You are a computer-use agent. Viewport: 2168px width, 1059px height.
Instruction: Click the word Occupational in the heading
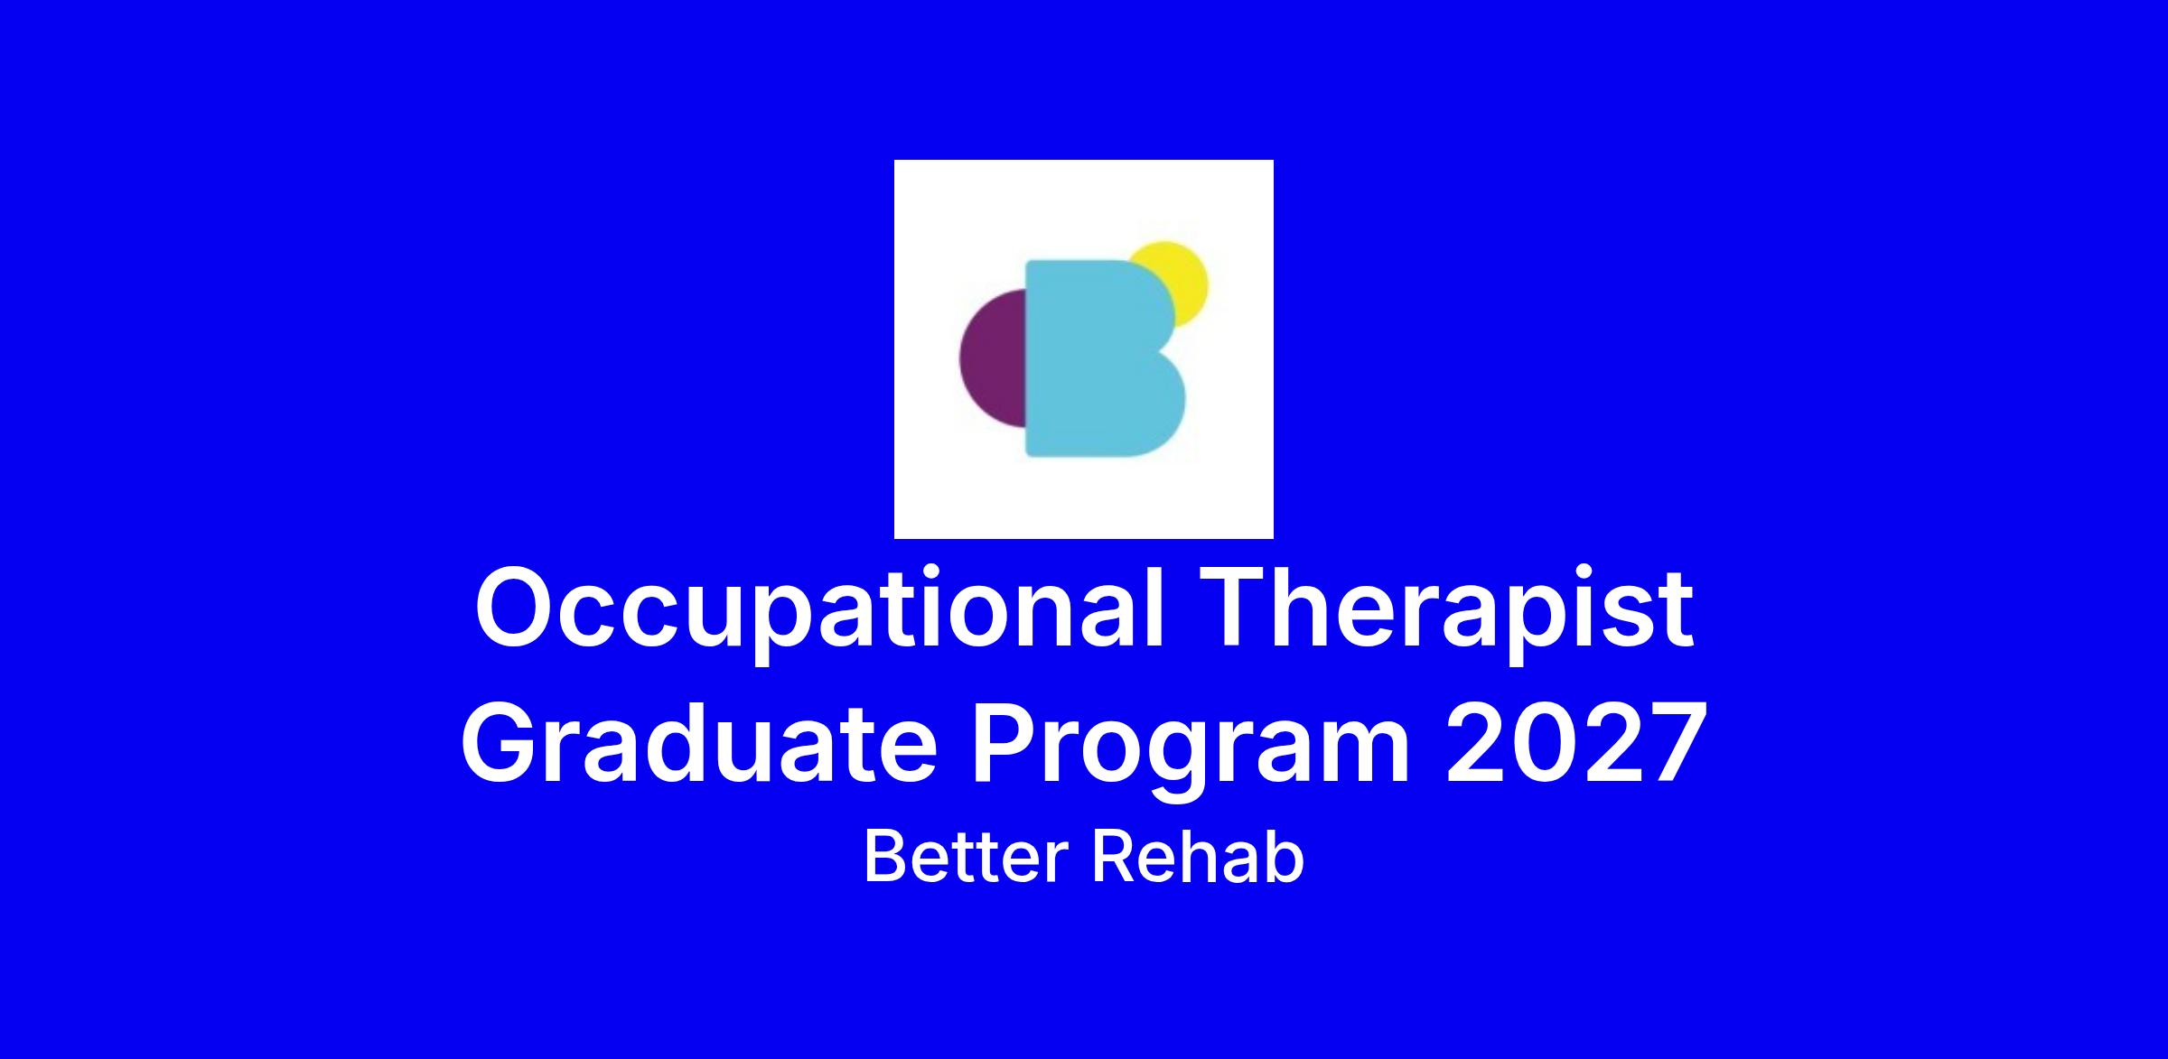(818, 614)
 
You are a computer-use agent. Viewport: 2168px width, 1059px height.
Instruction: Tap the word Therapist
(1445, 606)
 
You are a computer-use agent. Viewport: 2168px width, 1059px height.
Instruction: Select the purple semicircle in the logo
(993, 358)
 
